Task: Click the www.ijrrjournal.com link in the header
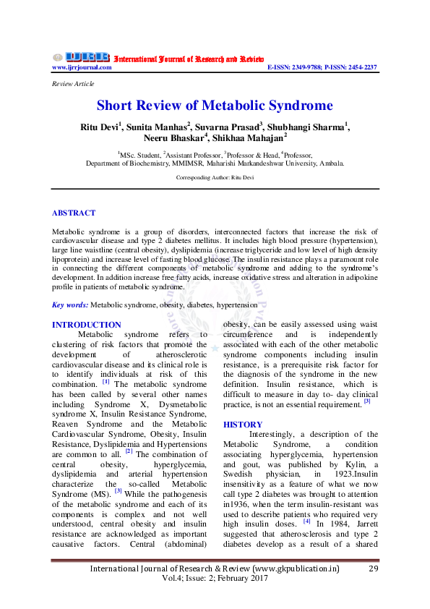pos(82,67)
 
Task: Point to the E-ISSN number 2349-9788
pos(312,67)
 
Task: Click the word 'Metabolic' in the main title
pos(233,106)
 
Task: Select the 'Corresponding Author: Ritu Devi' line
pos(215,176)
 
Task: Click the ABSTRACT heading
pos(74,213)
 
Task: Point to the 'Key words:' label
pos(70,306)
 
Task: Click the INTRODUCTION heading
pos(87,325)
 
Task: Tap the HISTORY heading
pos(243,424)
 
